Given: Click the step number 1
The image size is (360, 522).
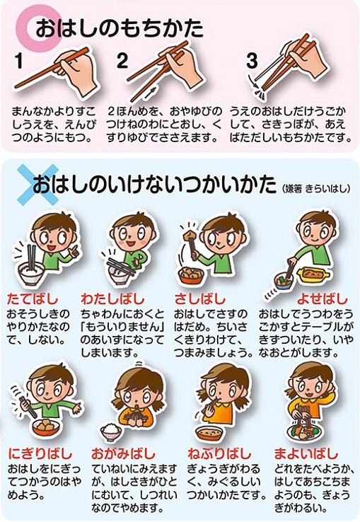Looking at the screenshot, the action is (19, 62).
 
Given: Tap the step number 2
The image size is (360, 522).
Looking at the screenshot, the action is (122, 61).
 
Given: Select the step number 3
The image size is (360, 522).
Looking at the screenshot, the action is (252, 61).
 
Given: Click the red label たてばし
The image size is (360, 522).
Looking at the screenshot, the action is (33, 299).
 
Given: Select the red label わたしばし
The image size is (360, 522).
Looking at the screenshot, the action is (113, 299).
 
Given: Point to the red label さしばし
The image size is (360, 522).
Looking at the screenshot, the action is (200, 299).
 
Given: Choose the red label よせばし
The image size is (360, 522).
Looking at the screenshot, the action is (322, 299).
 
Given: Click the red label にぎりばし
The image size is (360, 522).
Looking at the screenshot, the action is (40, 453).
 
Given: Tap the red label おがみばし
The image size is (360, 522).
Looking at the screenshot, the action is (123, 453).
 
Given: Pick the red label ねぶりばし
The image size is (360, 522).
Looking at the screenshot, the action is (219, 453).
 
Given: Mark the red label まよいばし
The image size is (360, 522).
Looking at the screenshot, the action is (306, 453).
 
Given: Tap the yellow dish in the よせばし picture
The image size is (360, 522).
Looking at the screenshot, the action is (313, 274).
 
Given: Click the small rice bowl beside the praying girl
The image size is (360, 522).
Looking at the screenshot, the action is (111, 431).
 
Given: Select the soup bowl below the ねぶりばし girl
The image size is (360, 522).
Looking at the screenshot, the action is (209, 434).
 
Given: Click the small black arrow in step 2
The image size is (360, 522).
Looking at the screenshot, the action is (151, 91).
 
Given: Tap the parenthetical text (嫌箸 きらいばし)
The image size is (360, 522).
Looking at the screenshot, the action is (315, 189).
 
